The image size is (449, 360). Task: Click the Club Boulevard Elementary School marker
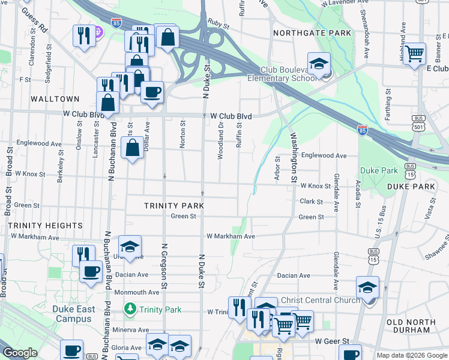tap(319, 63)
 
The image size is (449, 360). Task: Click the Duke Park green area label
tap(379, 170)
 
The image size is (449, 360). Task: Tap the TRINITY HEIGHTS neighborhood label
tap(46, 226)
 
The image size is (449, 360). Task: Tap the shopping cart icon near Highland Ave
tap(414, 53)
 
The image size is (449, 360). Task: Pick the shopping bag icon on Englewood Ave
tap(132, 146)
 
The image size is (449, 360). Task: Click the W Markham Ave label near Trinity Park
tap(231, 236)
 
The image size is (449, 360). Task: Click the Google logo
tap(20, 353)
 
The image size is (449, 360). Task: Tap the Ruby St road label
tap(218, 26)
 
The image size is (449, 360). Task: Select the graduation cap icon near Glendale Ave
tap(367, 287)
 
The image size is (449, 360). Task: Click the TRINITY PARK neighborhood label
tap(174, 206)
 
